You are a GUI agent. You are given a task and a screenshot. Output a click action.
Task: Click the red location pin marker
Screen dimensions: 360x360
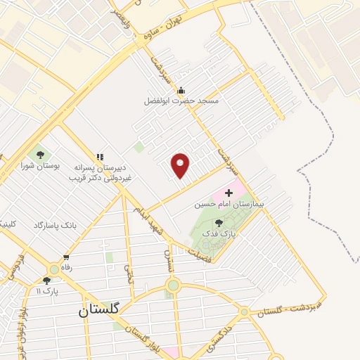[181, 165]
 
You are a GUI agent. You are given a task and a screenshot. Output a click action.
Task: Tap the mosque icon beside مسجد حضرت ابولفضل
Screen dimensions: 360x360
[181, 90]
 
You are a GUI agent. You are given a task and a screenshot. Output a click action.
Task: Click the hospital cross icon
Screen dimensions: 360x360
[229, 193]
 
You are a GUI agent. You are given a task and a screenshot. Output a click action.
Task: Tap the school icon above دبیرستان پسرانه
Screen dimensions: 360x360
[100, 156]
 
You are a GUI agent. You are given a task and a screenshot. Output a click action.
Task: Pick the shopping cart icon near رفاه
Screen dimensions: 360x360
[66, 257]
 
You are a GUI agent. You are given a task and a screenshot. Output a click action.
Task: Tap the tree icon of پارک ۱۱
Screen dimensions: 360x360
[46, 280]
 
